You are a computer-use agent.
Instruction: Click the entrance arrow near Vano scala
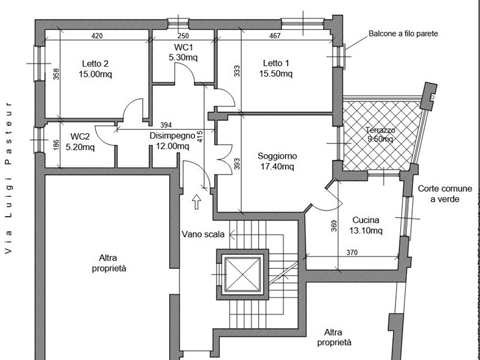(x=197, y=201)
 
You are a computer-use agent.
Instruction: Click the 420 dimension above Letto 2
(x=97, y=36)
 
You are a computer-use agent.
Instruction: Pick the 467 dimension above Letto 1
(x=275, y=36)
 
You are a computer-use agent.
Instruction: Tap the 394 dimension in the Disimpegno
(x=167, y=125)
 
